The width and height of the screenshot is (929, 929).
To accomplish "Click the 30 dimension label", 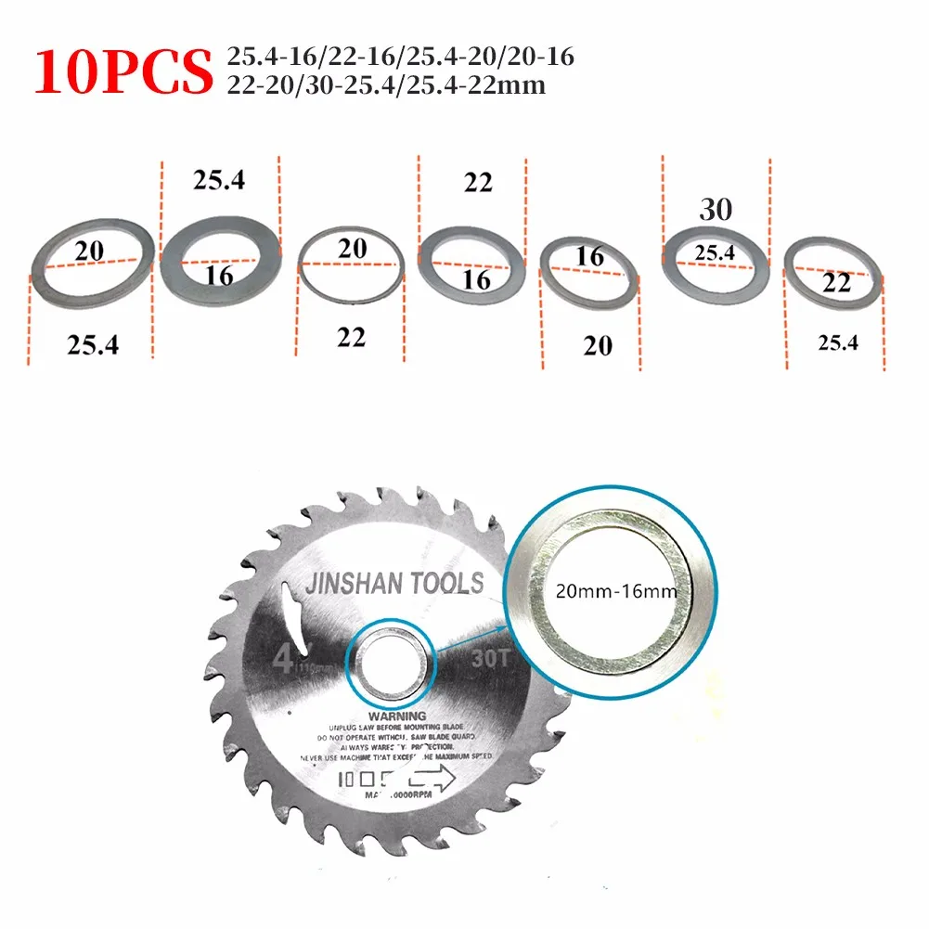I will (716, 209).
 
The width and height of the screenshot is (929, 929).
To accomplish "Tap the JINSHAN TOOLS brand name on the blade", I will (394, 583).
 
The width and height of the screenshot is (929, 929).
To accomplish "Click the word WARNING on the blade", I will (397, 716).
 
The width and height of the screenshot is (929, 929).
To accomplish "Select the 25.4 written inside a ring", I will (715, 252).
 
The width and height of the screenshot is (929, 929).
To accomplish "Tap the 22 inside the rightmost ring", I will (836, 283).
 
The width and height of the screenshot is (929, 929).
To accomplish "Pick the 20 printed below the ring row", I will (597, 345).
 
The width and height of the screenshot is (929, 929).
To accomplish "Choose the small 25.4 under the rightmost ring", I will (837, 342).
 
